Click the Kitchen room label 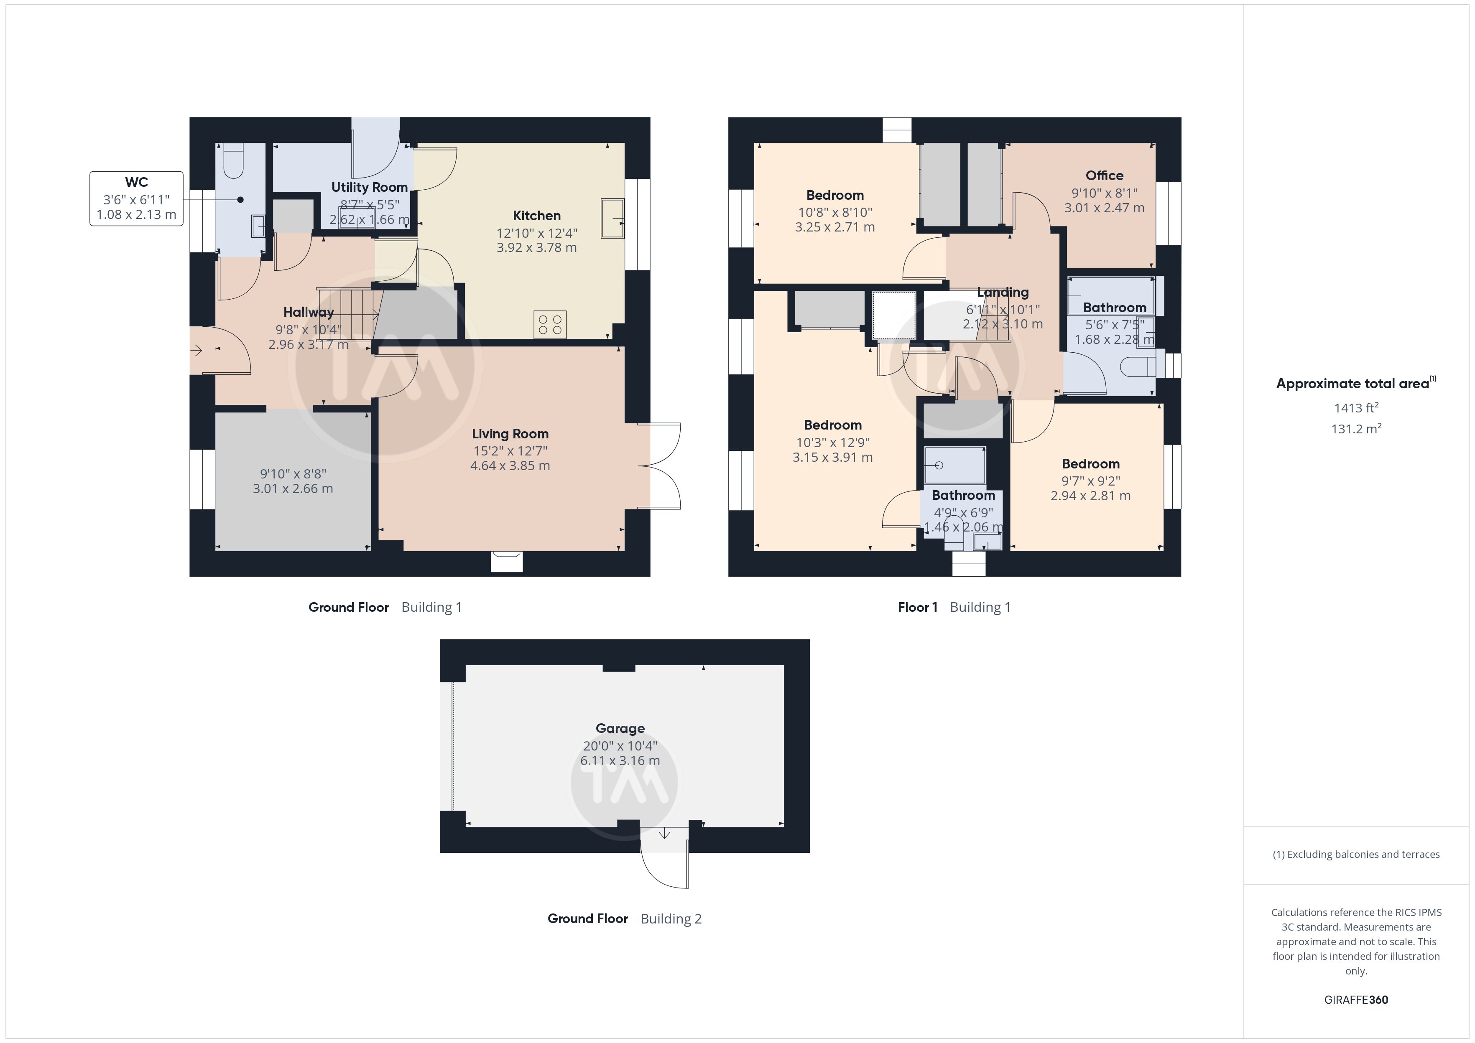point(536,216)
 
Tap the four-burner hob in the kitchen point(550,324)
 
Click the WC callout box point(136,198)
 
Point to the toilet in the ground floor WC point(233,160)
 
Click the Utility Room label point(370,188)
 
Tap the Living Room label point(510,434)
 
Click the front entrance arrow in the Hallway point(196,351)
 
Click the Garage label point(620,728)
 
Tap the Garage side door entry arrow point(665,834)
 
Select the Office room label point(1104,176)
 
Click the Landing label point(1003,292)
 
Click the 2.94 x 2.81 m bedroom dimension point(1091,496)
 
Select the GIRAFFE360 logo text point(1356,1000)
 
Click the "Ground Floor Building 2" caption point(625,919)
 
